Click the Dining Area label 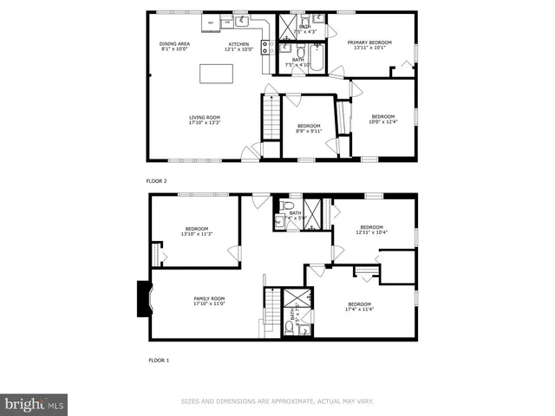point(175,46)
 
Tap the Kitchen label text point(238,46)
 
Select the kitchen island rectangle point(217,74)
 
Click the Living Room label point(205,120)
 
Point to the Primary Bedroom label point(369,44)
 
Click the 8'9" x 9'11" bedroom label point(308,128)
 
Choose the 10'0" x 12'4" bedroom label point(383,119)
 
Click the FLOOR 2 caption point(156,180)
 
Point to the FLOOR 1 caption point(158,359)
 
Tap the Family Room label point(209,301)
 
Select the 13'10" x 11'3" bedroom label point(197,231)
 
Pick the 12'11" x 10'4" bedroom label point(371,230)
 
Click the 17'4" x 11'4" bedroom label point(358,306)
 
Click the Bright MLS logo point(35,404)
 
